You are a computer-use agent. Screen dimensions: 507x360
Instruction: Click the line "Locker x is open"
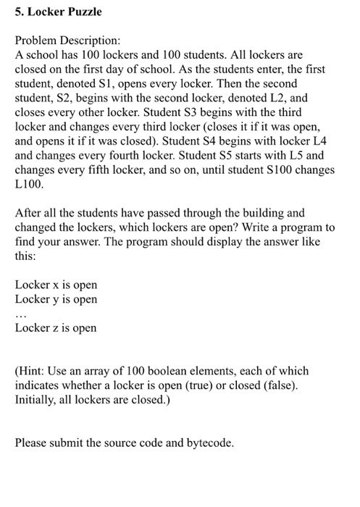coord(56,285)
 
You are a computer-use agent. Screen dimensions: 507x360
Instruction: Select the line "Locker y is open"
coord(56,300)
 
